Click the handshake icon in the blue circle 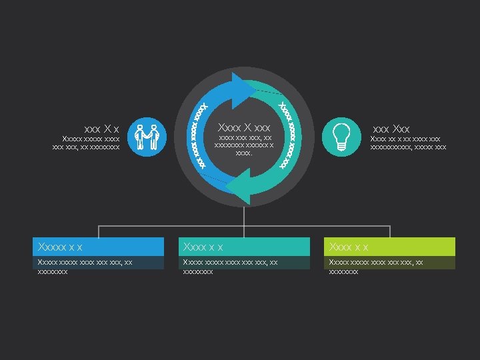(146, 137)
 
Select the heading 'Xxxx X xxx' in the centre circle (244, 127)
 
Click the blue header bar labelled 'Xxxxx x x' (99, 247)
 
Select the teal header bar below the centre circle (244, 247)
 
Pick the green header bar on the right (390, 247)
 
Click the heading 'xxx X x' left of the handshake (101, 129)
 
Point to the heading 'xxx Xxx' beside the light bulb (391, 129)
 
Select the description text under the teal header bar (231, 267)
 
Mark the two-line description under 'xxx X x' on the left (86, 143)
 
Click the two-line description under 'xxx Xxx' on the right (408, 143)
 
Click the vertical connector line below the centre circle (244, 217)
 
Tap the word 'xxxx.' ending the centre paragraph (244, 153)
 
